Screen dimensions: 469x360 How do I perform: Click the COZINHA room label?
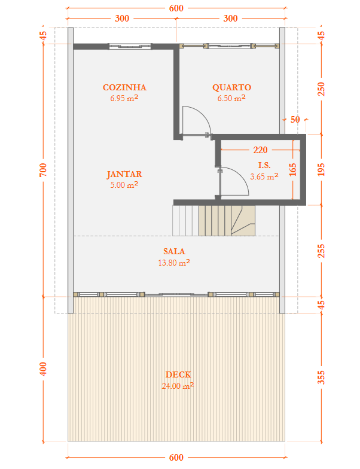(124, 87)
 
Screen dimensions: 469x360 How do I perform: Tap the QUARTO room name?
(231, 87)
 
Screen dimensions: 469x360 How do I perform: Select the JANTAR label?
(124, 175)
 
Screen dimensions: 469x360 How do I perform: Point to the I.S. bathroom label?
(264, 165)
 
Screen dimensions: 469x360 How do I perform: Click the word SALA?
(174, 251)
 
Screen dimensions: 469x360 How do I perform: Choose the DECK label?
(178, 375)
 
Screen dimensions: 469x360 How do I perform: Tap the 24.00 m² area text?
(178, 386)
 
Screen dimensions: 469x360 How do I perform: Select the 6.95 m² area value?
(124, 98)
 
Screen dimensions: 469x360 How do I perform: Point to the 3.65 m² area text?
(264, 176)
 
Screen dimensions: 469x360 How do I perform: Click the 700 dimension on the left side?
(42, 170)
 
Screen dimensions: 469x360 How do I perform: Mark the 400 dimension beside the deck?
(42, 368)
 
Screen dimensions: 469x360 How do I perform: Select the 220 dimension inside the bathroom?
(260, 150)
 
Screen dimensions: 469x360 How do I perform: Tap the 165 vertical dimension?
(292, 169)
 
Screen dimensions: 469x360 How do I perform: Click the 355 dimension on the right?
(321, 376)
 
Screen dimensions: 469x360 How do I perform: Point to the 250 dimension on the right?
(321, 89)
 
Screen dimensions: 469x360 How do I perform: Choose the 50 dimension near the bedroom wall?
(295, 119)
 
